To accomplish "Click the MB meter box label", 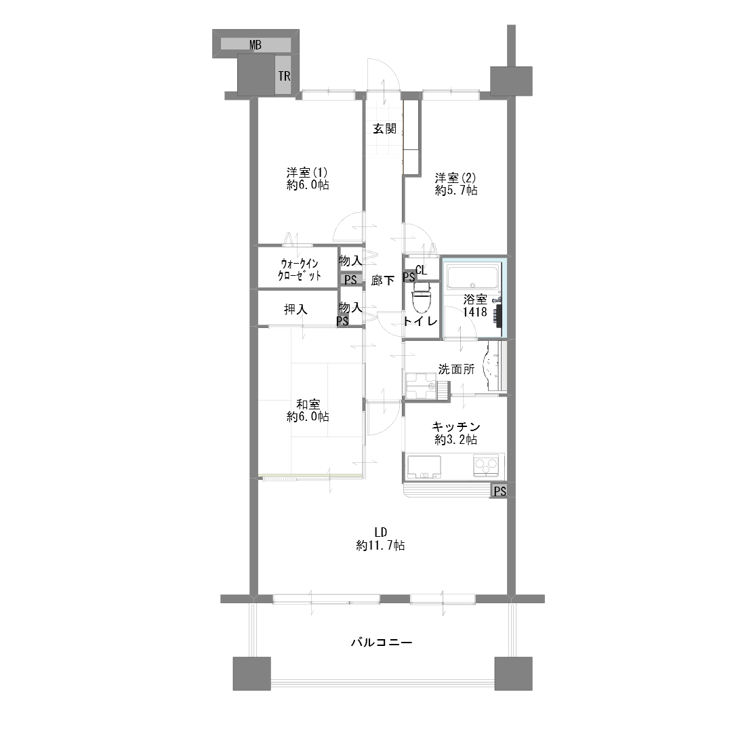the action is pyautogui.click(x=256, y=45).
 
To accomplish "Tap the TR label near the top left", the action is pyautogui.click(x=284, y=76).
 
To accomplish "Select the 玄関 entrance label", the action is pyautogui.click(x=385, y=128).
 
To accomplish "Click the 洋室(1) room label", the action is pyautogui.click(x=308, y=171).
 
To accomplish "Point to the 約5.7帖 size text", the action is pyautogui.click(x=456, y=190).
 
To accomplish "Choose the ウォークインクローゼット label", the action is pyautogui.click(x=300, y=269).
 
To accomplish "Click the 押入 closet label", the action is pyautogui.click(x=296, y=309).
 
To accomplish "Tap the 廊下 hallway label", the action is pyautogui.click(x=383, y=280).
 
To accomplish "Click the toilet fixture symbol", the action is pyautogui.click(x=422, y=298).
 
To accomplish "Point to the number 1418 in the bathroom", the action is pyautogui.click(x=474, y=312).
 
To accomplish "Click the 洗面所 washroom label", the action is pyautogui.click(x=456, y=369).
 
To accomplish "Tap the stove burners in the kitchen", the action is pyautogui.click(x=486, y=466).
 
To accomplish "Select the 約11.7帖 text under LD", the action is pyautogui.click(x=380, y=545).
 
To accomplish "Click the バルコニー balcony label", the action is pyautogui.click(x=382, y=643).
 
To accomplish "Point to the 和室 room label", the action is pyautogui.click(x=308, y=404).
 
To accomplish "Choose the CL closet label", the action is pyautogui.click(x=421, y=270).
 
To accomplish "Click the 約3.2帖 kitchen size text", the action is pyautogui.click(x=456, y=439).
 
